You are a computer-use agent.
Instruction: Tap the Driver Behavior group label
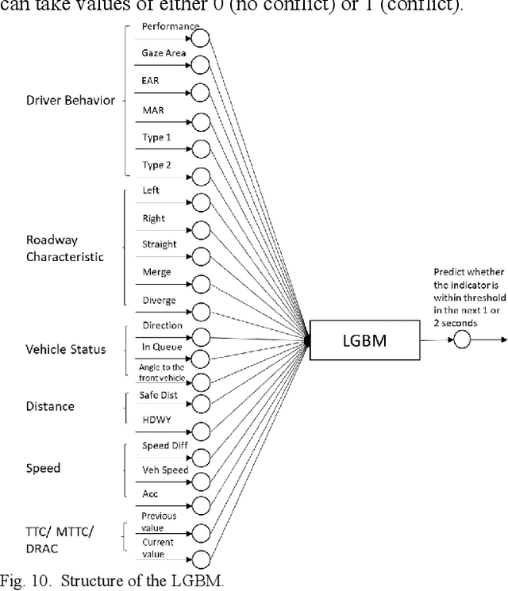point(70,101)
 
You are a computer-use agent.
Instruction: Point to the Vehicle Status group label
point(65,350)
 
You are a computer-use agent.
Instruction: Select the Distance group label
point(50,406)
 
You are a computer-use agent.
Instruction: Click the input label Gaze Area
point(164,52)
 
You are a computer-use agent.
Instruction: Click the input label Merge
point(156,271)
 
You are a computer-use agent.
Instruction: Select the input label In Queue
point(161,347)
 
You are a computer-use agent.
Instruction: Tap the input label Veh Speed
point(164,470)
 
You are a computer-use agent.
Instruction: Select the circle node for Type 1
point(201,148)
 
